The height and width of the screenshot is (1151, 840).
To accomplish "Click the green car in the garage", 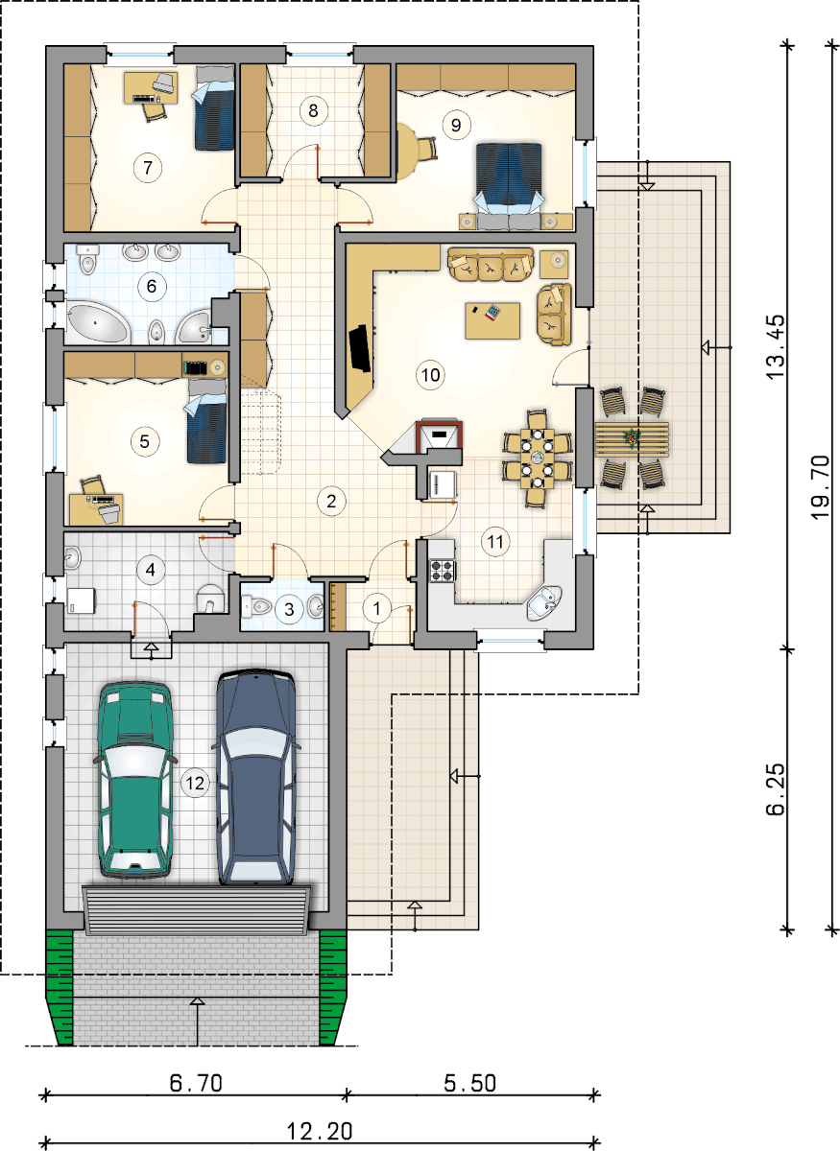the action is [x=134, y=779].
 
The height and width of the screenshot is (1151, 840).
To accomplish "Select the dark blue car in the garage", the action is [x=255, y=777].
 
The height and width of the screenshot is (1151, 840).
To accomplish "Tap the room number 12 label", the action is [x=195, y=783].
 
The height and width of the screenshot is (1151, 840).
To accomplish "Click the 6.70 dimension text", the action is [x=196, y=1083].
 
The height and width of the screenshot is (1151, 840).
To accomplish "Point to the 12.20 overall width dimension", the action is [x=320, y=1131].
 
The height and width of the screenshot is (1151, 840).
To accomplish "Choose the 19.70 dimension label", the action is [x=821, y=487].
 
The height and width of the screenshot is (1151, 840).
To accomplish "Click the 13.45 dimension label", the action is [x=776, y=347].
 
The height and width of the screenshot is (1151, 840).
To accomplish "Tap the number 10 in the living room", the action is [x=430, y=375].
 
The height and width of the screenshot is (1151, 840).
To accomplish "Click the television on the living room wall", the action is [x=359, y=347].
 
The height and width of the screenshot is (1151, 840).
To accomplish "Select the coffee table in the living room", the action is [x=492, y=320].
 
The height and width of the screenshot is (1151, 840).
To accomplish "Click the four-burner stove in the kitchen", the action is [x=443, y=570].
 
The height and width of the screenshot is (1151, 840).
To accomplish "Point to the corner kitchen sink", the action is [x=544, y=602].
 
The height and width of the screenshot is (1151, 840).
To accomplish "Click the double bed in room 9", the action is [x=509, y=177].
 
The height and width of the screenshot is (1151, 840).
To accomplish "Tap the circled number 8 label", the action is [x=313, y=110].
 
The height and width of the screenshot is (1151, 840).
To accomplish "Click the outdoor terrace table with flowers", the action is [x=631, y=439].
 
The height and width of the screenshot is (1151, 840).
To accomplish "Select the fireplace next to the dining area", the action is [x=438, y=436].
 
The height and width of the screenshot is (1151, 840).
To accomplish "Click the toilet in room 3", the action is [x=255, y=607].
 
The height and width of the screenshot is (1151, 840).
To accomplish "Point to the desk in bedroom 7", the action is [x=151, y=88].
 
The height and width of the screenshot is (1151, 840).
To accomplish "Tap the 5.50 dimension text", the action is [x=470, y=1083].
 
